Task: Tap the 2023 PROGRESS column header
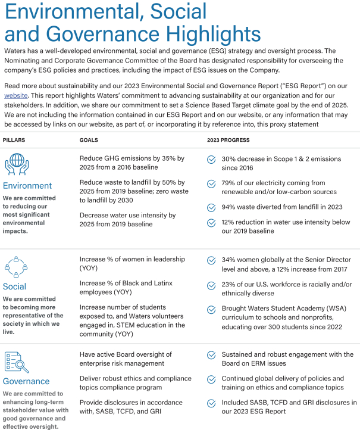pyautogui.click(x=228, y=141)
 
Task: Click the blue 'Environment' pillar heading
pyautogui.click(x=27, y=186)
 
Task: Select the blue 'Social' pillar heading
pyautogui.click(x=15, y=286)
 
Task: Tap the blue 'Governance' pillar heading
pyautogui.click(x=26, y=381)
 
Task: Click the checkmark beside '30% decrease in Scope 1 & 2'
pyautogui.click(x=211, y=160)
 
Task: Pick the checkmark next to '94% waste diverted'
pyautogui.click(x=211, y=207)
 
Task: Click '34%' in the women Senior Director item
pyautogui.click(x=229, y=260)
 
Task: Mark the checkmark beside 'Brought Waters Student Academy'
pyautogui.click(x=211, y=310)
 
